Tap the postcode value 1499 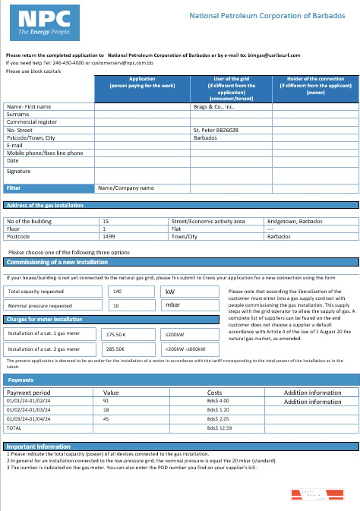pos(109,235)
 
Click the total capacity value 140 pos(117,291)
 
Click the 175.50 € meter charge pos(115,334)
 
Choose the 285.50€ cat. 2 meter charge pos(115,349)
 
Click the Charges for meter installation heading pos(44,319)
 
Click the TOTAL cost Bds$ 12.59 pos(219,428)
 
